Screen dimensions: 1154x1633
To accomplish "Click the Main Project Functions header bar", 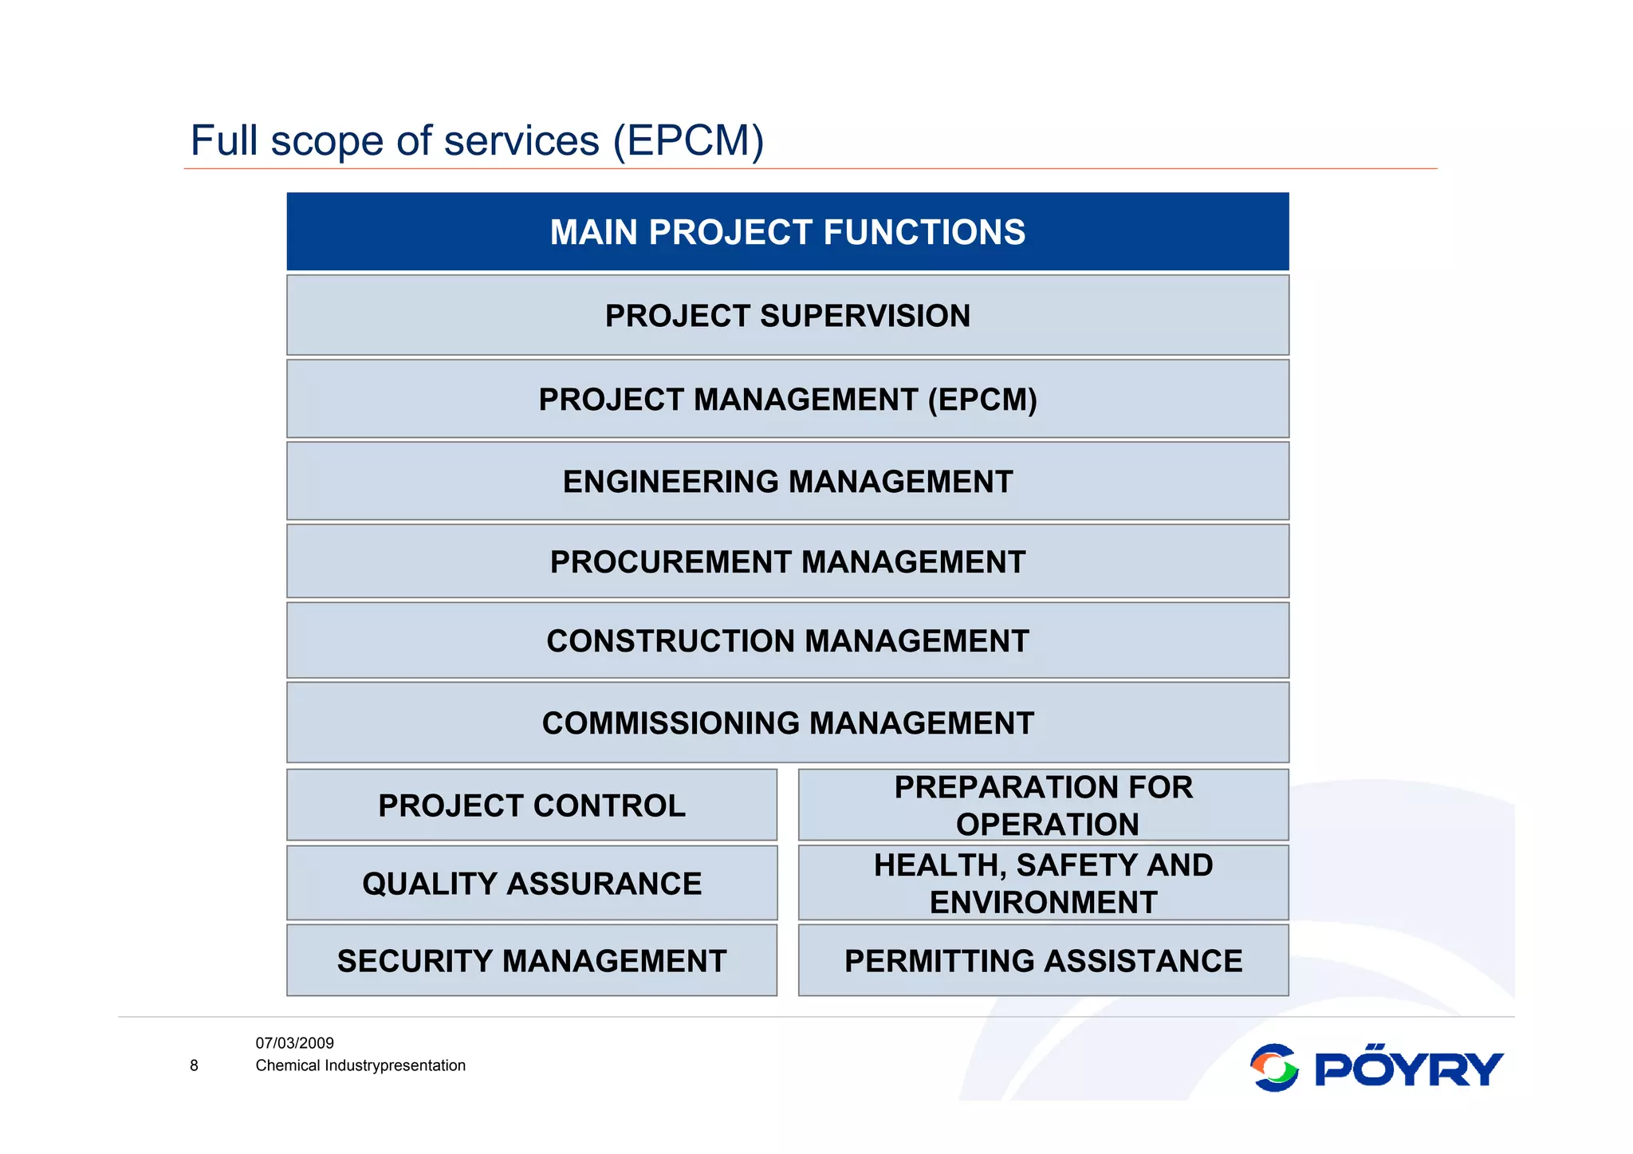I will [787, 232].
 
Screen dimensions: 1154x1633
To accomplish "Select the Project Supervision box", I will [787, 316].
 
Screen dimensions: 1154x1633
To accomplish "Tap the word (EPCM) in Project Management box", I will [982, 400].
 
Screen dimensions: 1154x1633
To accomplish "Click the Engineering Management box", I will [787, 482].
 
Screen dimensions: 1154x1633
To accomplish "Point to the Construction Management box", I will [787, 641].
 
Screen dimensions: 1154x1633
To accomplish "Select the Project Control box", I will [531, 805].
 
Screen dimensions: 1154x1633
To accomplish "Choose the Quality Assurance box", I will [531, 884].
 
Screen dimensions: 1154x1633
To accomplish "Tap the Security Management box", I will [531, 961].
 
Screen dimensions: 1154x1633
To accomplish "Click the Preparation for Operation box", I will [1043, 805].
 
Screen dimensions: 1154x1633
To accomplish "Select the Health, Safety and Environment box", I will [1043, 884].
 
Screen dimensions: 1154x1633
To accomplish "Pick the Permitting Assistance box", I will [1043, 961].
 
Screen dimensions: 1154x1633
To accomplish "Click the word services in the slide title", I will [521, 141].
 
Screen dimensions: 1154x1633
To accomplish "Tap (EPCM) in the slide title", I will [688, 141].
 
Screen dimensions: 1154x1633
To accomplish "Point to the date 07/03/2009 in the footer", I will [294, 1043].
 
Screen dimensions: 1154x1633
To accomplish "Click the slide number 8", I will [194, 1065].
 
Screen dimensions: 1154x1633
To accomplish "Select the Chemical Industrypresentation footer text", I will [360, 1065].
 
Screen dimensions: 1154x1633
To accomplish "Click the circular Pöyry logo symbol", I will [1274, 1068].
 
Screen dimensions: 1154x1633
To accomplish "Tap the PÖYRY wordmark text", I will [1408, 1068].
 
